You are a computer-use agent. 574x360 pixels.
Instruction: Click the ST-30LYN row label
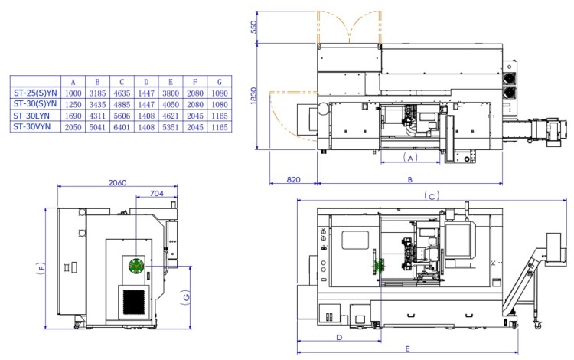(31, 116)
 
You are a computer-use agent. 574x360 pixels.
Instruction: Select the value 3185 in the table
(97, 93)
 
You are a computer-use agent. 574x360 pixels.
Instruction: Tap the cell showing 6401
(122, 127)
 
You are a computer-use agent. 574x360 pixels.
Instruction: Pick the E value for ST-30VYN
(171, 127)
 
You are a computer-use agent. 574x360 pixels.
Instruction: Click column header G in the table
(220, 82)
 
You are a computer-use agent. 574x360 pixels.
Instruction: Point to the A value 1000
(73, 93)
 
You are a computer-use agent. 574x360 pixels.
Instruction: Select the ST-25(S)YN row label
(35, 93)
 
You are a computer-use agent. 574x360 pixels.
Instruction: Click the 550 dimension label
(253, 27)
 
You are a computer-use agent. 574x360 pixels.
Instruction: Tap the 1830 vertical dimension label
(253, 96)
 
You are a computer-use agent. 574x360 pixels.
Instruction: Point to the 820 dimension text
(293, 180)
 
